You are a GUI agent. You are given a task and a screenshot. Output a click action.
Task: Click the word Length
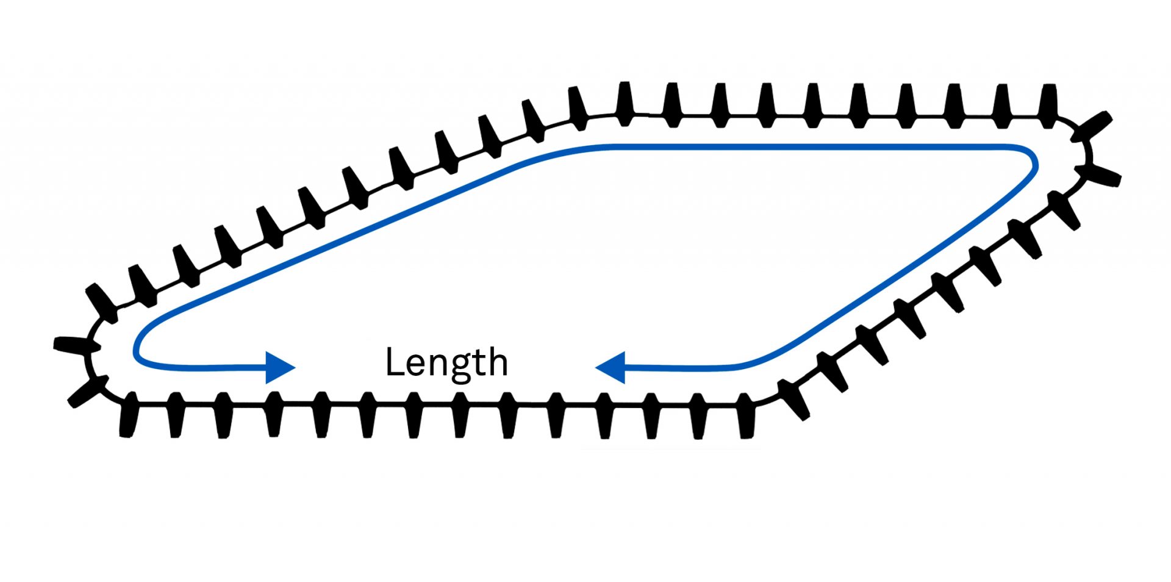pos(446,362)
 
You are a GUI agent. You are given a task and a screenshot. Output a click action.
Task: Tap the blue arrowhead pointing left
pos(611,368)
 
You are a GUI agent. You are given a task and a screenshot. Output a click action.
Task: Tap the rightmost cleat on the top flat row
pos(1048,106)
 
